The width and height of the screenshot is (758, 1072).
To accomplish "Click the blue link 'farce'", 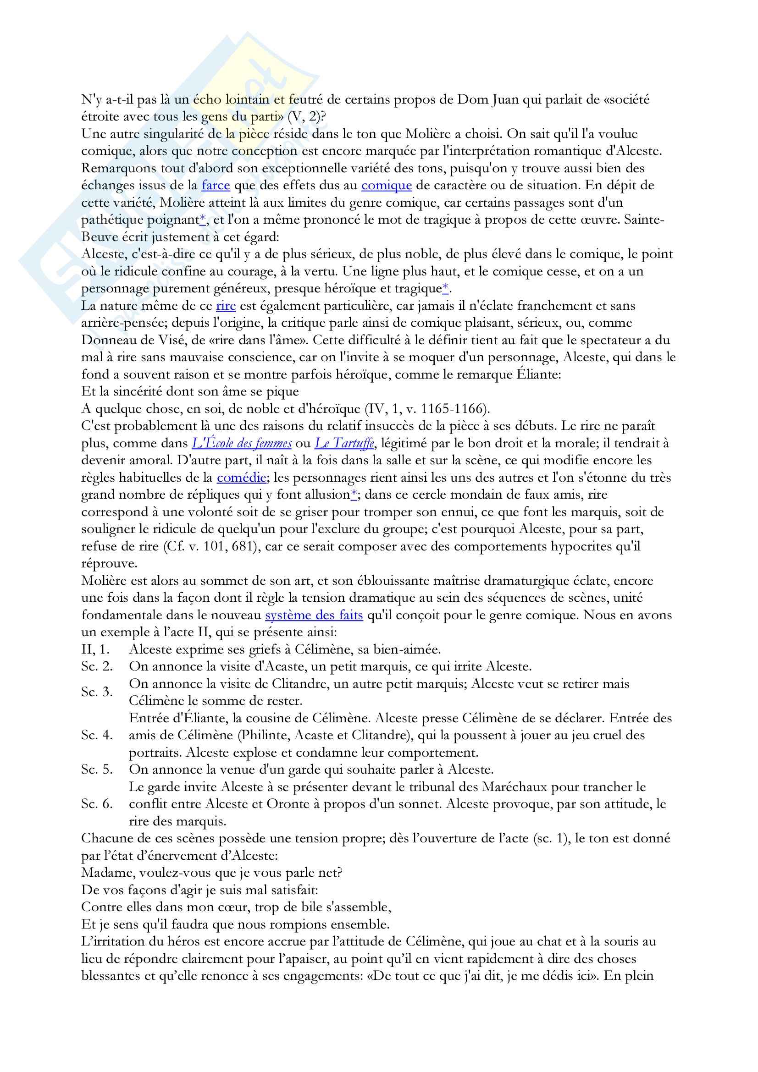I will coord(216,185).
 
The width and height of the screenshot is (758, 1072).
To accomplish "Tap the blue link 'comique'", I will coord(386,185).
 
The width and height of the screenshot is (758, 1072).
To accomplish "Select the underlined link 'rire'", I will coord(226,306).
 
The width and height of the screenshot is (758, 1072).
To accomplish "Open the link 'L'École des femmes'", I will coord(242,443).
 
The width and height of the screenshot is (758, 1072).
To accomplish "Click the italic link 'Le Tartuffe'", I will coord(344,443).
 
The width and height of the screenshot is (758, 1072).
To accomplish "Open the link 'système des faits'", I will coord(314,616).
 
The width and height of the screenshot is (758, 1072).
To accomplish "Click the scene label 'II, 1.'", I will coord(96,649).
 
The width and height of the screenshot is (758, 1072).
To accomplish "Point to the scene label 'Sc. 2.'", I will coord(97,667).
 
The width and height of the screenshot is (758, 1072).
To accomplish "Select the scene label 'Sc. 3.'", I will coord(97,692).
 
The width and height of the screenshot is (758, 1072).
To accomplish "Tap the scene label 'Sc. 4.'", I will coord(97,735).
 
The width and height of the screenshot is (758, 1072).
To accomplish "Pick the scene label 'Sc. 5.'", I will coord(97,770).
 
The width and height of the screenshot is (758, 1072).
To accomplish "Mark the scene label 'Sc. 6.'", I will coord(97,804).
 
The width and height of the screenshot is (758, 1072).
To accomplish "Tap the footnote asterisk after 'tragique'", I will coord(445,289).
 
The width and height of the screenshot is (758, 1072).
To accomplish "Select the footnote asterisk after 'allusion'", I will coord(354,495).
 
